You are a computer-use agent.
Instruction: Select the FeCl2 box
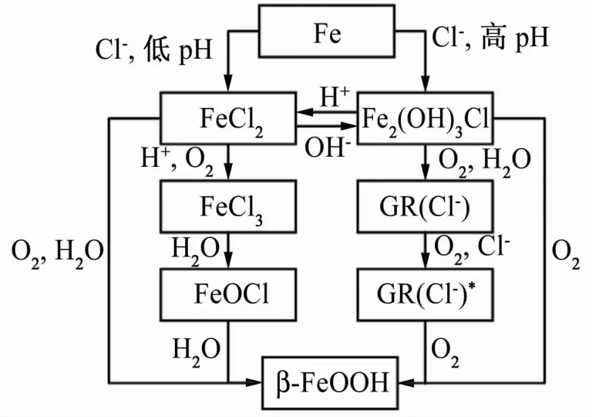tap(228, 117)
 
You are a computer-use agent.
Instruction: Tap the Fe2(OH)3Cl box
tap(425, 117)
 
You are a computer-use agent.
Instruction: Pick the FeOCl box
tap(228, 293)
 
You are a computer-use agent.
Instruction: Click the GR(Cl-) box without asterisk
tap(425, 206)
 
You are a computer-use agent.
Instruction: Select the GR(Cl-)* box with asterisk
tap(425, 293)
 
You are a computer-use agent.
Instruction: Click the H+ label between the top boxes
tap(335, 97)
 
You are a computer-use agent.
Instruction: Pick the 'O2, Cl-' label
tap(472, 249)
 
